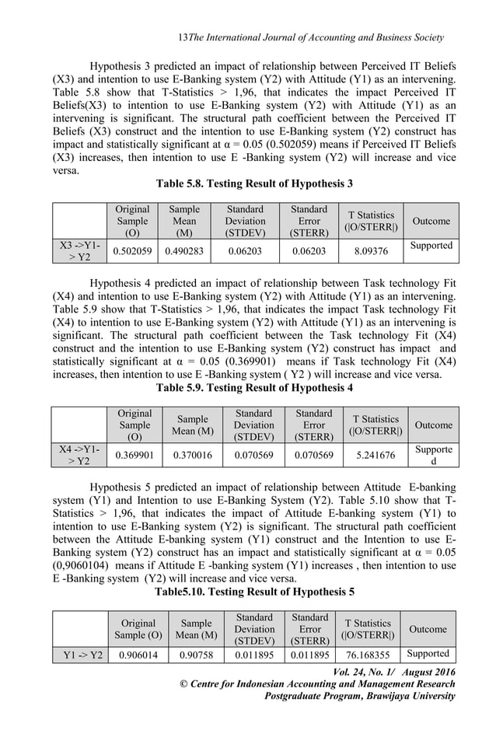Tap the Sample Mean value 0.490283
click(184, 252)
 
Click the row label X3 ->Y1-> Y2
click(79, 252)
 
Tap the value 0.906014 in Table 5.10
click(134, 654)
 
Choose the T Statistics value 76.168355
click(372, 654)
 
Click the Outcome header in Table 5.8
click(431, 221)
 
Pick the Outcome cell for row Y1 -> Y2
click(428, 653)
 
